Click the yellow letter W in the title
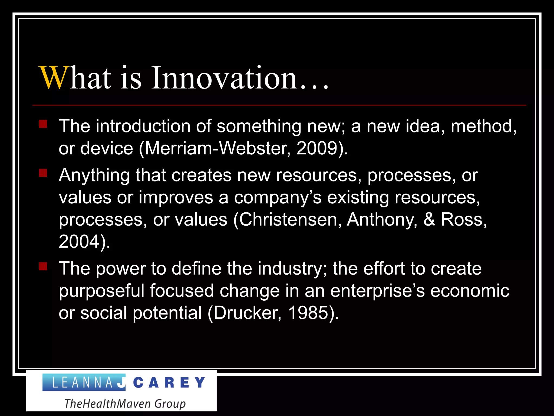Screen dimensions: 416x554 click(x=53, y=78)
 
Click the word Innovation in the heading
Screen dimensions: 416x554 click(x=225, y=78)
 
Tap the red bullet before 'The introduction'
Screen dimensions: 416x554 click(x=43, y=124)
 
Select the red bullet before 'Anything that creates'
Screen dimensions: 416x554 click(x=43, y=173)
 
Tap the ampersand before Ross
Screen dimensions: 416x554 click(x=429, y=219)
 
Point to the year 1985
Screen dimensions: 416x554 click(x=308, y=313)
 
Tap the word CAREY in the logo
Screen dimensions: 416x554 click(x=169, y=383)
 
